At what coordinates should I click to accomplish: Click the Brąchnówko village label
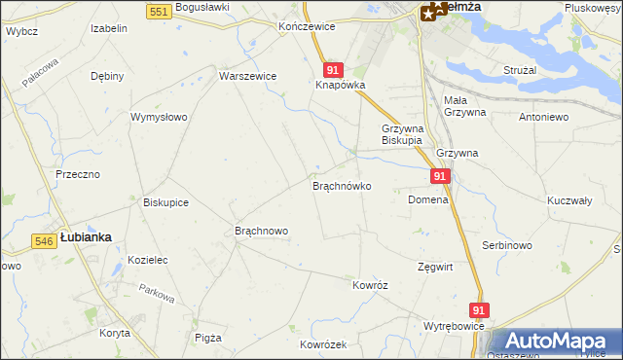pyautogui.click(x=341, y=185)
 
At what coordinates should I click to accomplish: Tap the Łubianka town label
pyautogui.click(x=86, y=236)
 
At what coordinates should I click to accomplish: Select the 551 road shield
pyautogui.click(x=162, y=10)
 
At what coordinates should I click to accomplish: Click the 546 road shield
pyautogui.click(x=43, y=240)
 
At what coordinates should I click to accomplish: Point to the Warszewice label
pyautogui.click(x=248, y=76)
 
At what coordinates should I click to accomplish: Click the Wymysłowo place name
pyautogui.click(x=159, y=117)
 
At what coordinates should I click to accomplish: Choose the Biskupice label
pyautogui.click(x=165, y=202)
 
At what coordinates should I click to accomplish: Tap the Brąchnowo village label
pyautogui.click(x=262, y=231)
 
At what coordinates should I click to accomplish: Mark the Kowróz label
pyautogui.click(x=371, y=285)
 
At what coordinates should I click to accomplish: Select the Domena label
pyautogui.click(x=427, y=199)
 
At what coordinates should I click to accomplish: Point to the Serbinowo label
pyautogui.click(x=506, y=245)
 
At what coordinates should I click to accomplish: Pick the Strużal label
pyautogui.click(x=521, y=71)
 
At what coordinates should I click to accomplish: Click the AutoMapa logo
pyautogui.click(x=555, y=342)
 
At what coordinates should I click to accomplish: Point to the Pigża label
pyautogui.click(x=208, y=338)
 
